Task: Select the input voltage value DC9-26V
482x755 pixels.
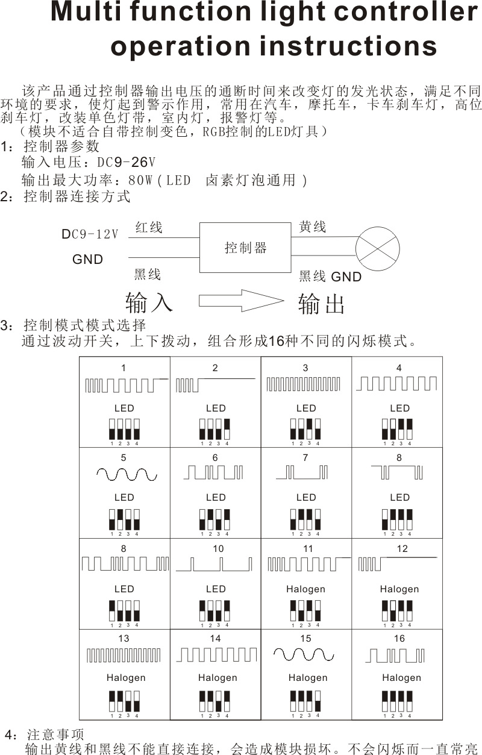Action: tap(127, 163)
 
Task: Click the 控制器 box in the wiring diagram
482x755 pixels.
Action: tap(245, 248)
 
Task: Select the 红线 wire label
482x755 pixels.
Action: tap(149, 228)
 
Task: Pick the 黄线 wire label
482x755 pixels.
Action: tap(313, 227)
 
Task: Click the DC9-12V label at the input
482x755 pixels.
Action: tap(90, 234)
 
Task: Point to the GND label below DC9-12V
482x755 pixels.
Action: tap(88, 260)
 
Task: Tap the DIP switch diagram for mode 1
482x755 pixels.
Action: tap(124, 430)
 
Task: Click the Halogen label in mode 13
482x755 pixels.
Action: tap(126, 678)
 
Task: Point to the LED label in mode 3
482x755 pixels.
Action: tap(306, 408)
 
